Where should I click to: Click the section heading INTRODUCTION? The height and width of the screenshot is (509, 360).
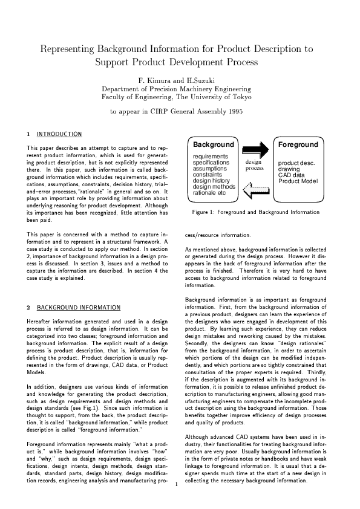pyautogui.click(x=59, y=133)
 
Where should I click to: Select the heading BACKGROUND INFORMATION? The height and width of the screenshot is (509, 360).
pyautogui.click(x=76, y=307)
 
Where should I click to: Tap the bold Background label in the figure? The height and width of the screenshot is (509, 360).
pyautogui.click(x=213, y=145)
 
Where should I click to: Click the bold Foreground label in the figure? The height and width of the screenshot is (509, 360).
pyautogui.click(x=298, y=145)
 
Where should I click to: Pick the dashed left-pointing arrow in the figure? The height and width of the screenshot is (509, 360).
pyautogui.click(x=255, y=192)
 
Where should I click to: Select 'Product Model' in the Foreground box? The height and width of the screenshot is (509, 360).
pyautogui.click(x=298, y=181)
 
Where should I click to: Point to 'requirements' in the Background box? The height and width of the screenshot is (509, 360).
pyautogui.click(x=210, y=157)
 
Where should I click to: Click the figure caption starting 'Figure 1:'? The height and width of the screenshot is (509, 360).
pyautogui.click(x=255, y=212)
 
